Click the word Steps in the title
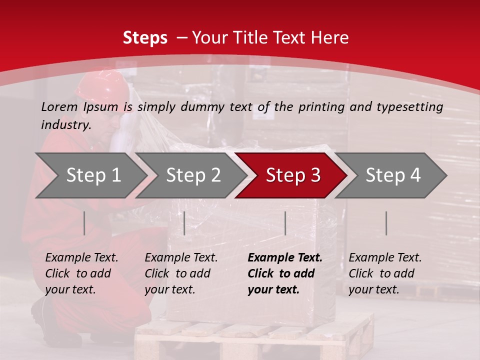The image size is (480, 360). pyautogui.click(x=145, y=37)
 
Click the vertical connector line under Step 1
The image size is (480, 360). pyautogui.click(x=84, y=223)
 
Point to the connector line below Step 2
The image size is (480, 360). pyautogui.click(x=184, y=223)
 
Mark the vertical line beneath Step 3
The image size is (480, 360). pyautogui.click(x=285, y=223)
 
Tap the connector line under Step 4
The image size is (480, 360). pyautogui.click(x=386, y=223)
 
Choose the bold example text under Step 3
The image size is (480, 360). pyautogui.click(x=284, y=273)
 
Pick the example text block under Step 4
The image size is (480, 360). pyautogui.click(x=385, y=273)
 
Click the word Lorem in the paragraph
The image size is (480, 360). pyautogui.click(x=59, y=106)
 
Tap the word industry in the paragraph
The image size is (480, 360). pyautogui.click(x=66, y=125)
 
